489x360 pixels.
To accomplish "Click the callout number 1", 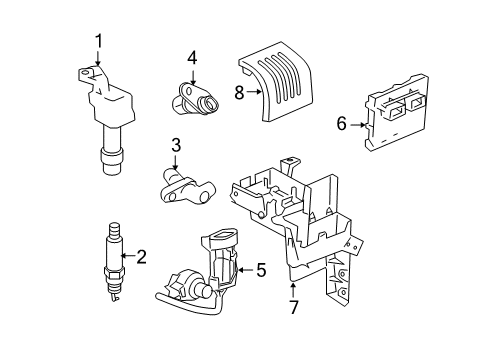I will pyautogui.click(x=99, y=41).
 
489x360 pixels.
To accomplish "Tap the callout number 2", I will pyautogui.click(x=141, y=257).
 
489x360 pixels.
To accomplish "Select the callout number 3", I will pyautogui.click(x=175, y=147).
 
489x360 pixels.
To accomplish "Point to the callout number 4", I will pyautogui.click(x=191, y=57).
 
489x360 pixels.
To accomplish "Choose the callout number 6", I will pyautogui.click(x=341, y=124).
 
